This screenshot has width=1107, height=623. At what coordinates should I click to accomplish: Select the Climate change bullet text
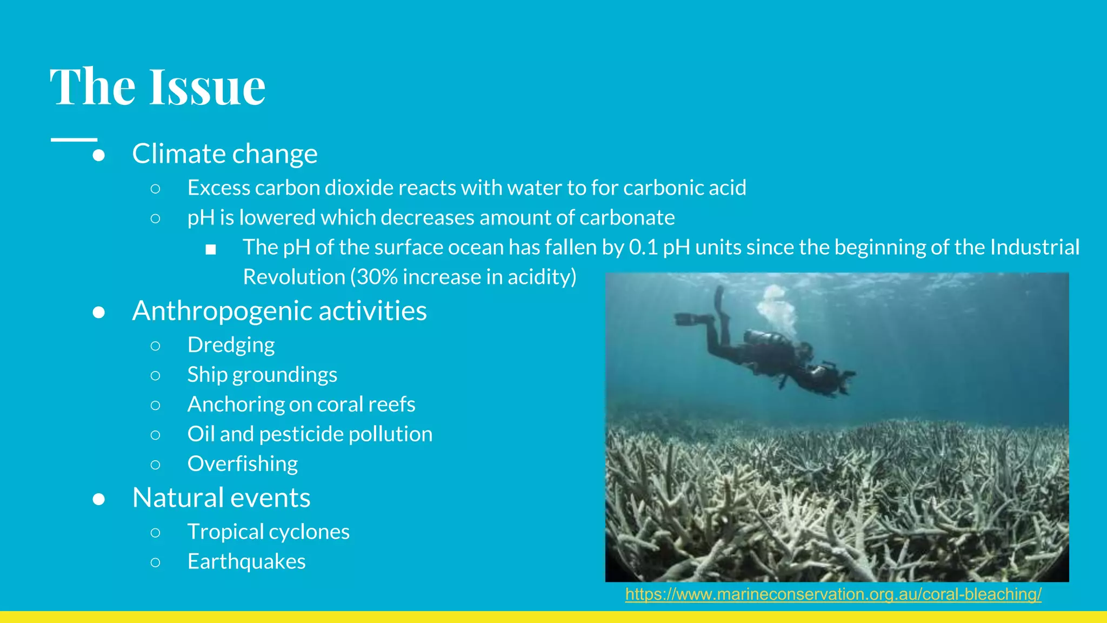point(224,154)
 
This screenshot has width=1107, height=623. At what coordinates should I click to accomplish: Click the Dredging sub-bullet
point(231,345)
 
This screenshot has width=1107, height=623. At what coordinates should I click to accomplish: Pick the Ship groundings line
point(262,375)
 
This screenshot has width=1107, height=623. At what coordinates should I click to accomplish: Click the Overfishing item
point(242,464)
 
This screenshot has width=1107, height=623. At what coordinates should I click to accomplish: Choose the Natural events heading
point(221,498)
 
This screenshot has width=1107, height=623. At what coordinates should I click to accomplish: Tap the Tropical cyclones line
point(268,532)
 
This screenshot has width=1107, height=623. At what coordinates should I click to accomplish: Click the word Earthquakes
point(246,562)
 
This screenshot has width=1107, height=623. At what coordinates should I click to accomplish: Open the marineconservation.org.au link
point(833,594)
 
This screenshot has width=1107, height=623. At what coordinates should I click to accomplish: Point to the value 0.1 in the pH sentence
point(643,248)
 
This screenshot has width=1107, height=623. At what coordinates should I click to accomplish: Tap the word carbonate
point(627,218)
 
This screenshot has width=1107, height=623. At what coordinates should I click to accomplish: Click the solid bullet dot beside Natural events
point(98,499)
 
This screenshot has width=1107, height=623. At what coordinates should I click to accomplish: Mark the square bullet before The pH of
point(211,249)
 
